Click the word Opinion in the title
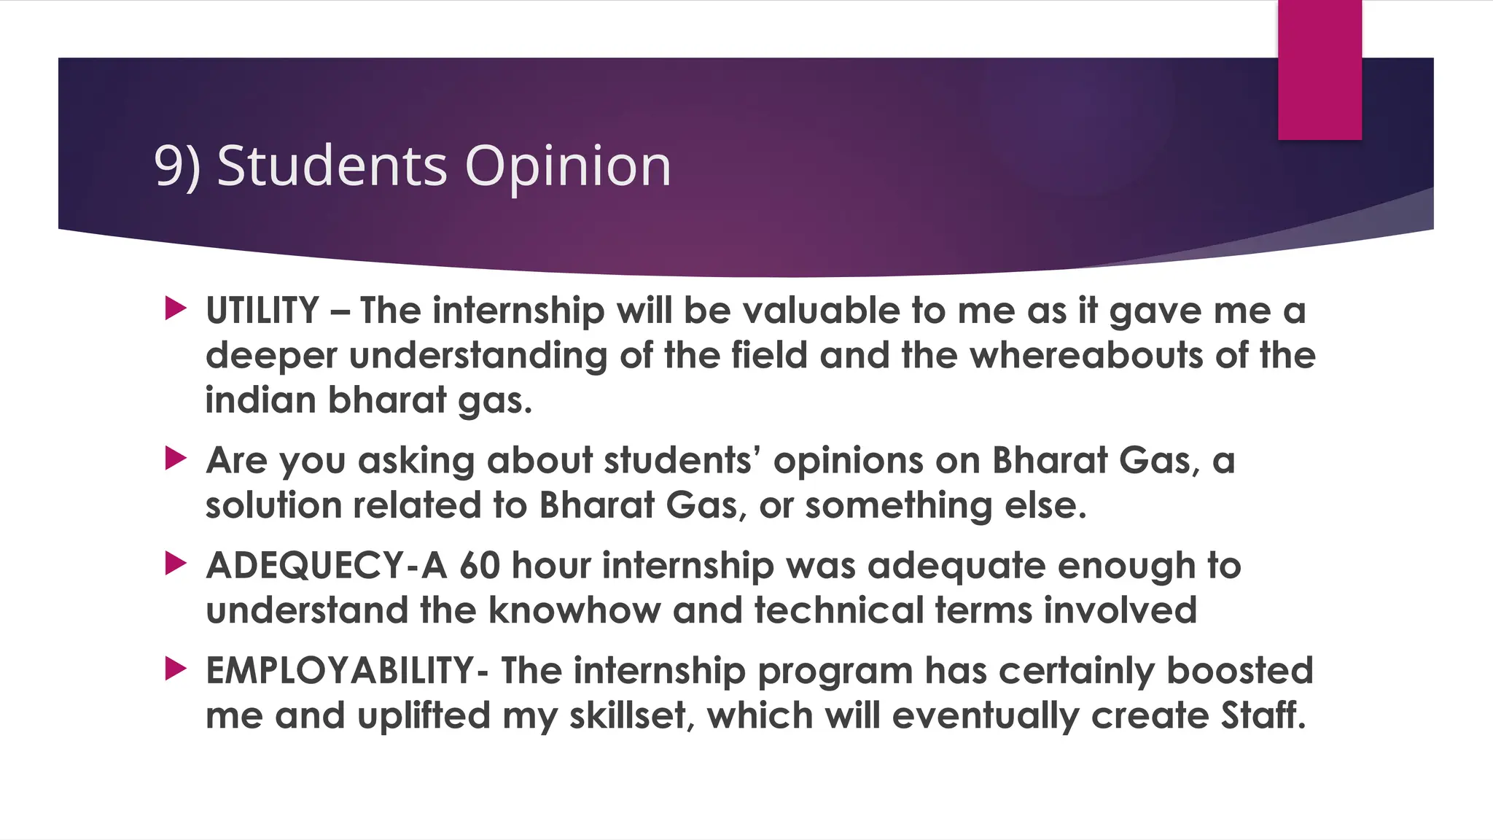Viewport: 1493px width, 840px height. (x=567, y=166)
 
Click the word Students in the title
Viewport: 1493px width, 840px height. (x=332, y=166)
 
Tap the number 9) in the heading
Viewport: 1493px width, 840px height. (x=176, y=166)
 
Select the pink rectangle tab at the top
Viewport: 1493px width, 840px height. (x=1319, y=70)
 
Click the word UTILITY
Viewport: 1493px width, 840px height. (x=262, y=311)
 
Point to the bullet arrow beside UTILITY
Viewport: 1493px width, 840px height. (x=176, y=308)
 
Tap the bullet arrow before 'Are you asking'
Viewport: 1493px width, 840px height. (x=176, y=459)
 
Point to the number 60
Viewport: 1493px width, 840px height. (x=480, y=566)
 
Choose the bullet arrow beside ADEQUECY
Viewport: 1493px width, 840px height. (x=176, y=563)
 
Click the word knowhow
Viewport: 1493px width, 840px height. (x=574, y=610)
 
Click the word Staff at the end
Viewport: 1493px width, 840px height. (x=1263, y=715)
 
